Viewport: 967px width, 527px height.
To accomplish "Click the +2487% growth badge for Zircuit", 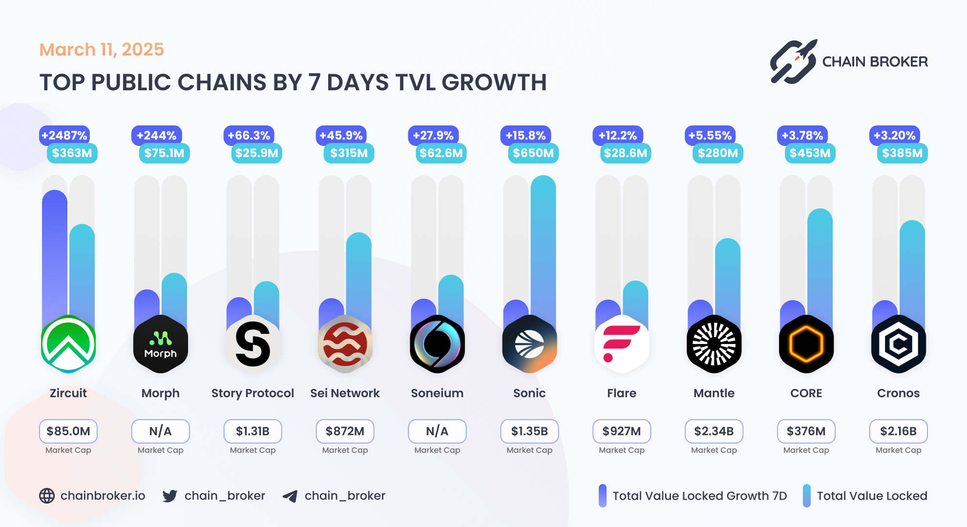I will pyautogui.click(x=64, y=135).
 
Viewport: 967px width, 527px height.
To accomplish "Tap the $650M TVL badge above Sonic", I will pyautogui.click(x=533, y=153).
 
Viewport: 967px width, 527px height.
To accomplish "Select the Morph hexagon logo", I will pyautogui.click(x=160, y=344).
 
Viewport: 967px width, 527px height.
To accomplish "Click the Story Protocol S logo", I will pyautogui.click(x=252, y=344).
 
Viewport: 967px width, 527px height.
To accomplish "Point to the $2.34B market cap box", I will pyautogui.click(x=714, y=431).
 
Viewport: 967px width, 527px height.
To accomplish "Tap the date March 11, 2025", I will pyautogui.click(x=102, y=49).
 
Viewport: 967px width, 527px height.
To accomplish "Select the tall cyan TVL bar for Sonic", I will pyautogui.click(x=543, y=244).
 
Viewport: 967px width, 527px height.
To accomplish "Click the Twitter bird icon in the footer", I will pyautogui.click(x=169, y=496).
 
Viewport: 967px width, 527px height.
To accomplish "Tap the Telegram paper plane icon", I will pyautogui.click(x=290, y=496).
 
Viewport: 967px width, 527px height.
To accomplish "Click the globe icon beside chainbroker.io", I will pyautogui.click(x=47, y=496).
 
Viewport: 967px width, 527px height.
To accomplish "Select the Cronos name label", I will pyautogui.click(x=898, y=393).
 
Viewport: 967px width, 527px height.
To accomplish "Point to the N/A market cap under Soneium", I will pyautogui.click(x=437, y=431).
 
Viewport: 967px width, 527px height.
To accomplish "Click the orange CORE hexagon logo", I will pyautogui.click(x=806, y=344).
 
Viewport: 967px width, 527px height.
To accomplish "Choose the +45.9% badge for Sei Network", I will pyautogui.click(x=341, y=135).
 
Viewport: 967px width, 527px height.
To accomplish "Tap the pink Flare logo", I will pyautogui.click(x=621, y=344).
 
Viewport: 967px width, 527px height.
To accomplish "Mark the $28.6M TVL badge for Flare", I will pyautogui.click(x=625, y=153).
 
